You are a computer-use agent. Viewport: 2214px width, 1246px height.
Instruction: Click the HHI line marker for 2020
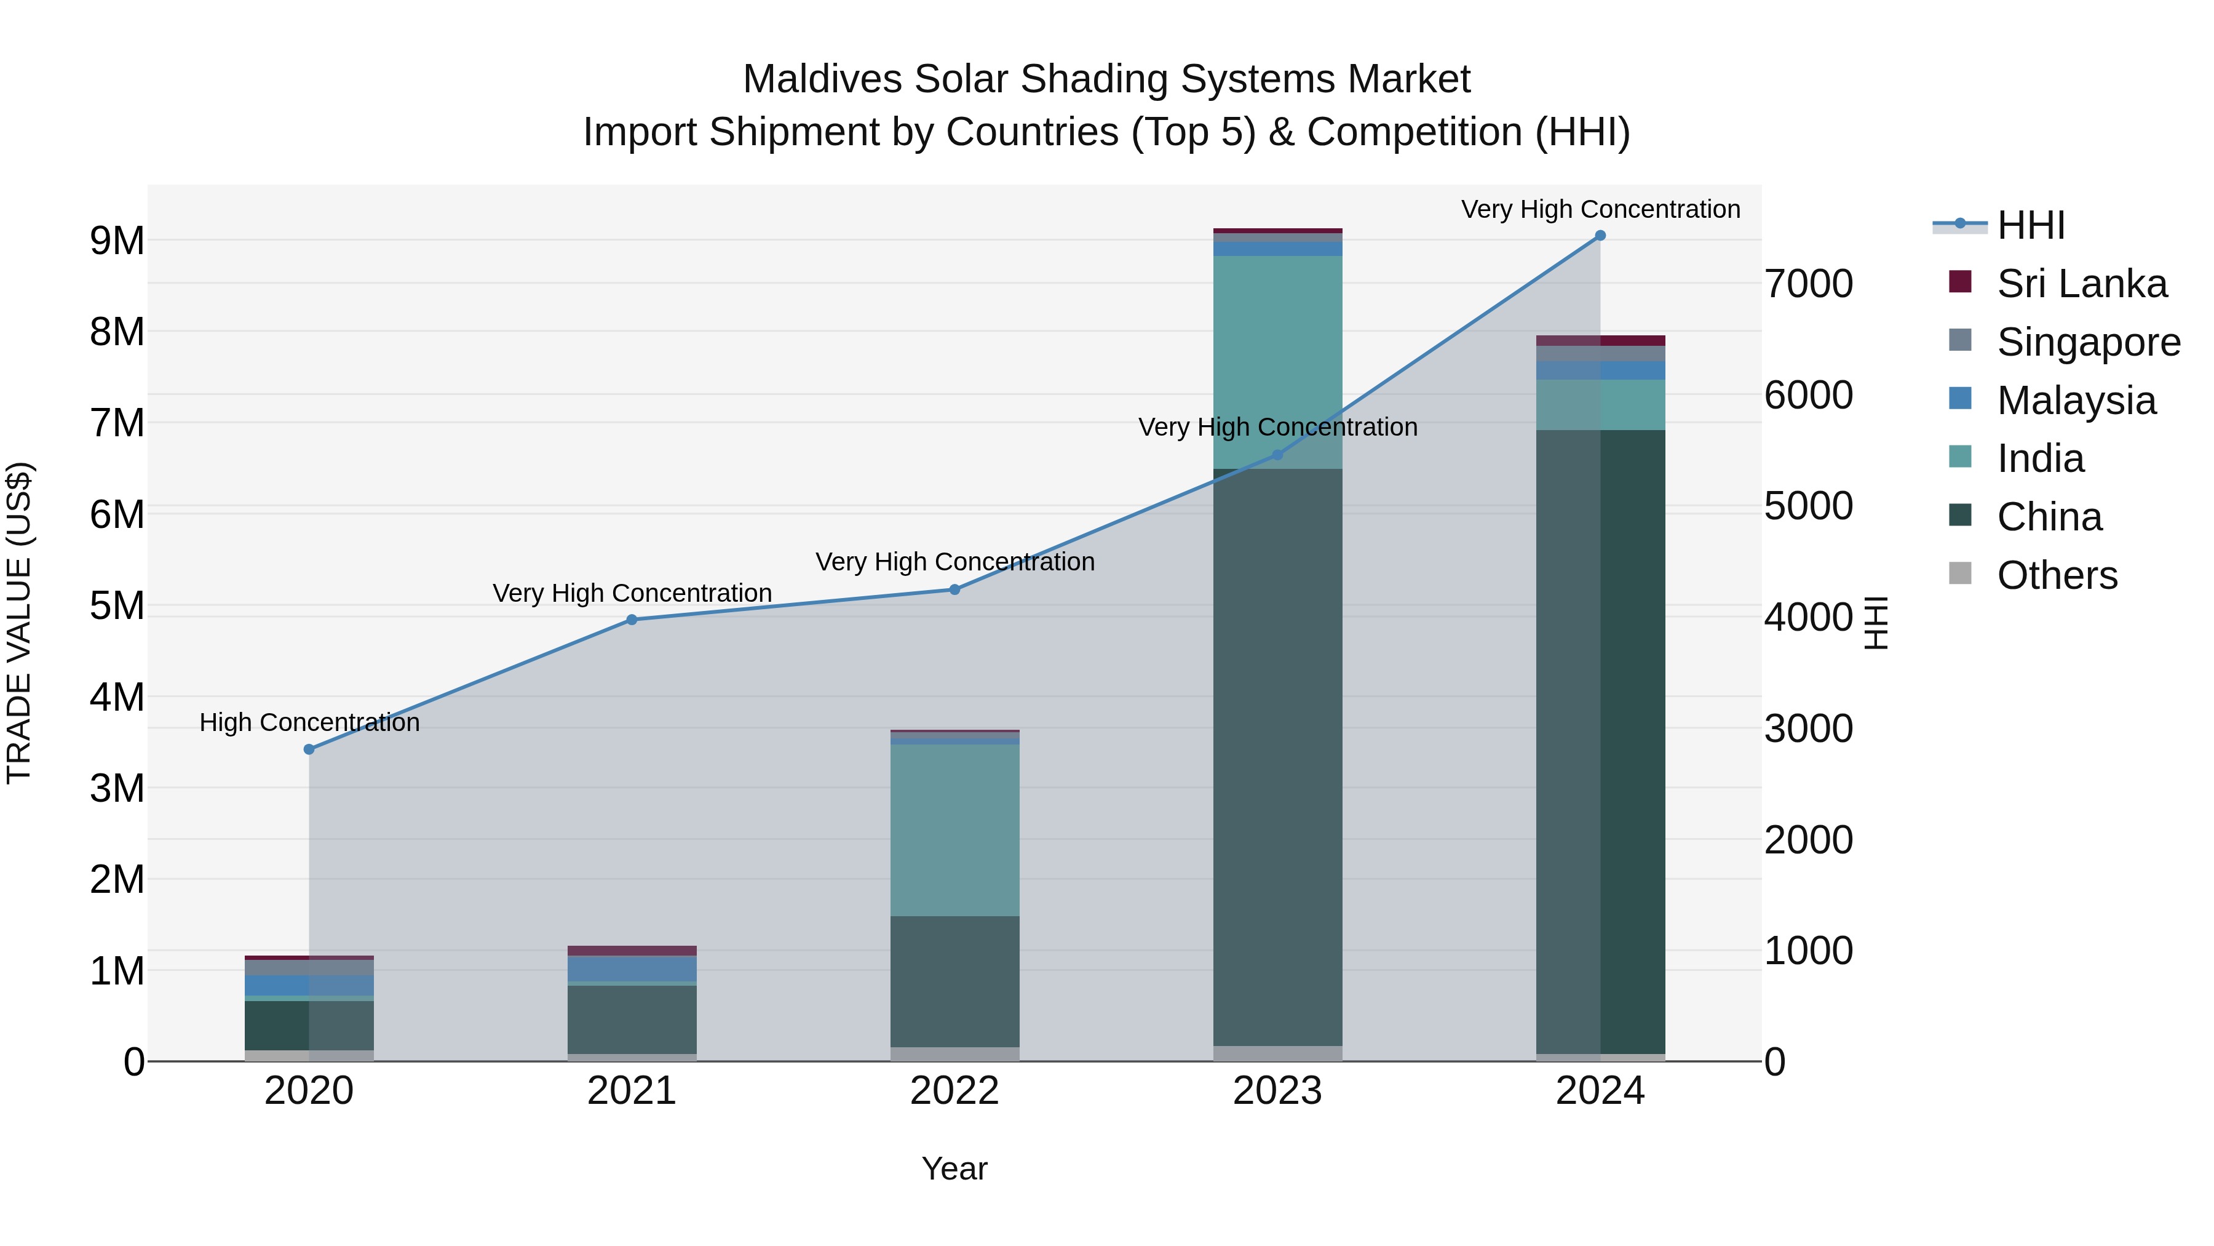pyautogui.click(x=309, y=749)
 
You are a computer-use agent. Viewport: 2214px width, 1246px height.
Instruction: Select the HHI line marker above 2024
pyautogui.click(x=1600, y=236)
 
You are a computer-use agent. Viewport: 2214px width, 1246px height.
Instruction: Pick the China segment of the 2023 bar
pyautogui.click(x=1277, y=757)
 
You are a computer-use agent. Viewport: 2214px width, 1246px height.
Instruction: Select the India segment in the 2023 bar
pyautogui.click(x=1277, y=361)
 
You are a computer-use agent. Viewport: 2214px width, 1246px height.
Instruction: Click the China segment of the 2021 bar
pyautogui.click(x=632, y=1019)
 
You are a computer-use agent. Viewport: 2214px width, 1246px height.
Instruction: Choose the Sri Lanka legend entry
pyautogui.click(x=2081, y=284)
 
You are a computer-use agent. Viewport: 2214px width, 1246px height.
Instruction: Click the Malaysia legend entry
pyautogui.click(x=2076, y=401)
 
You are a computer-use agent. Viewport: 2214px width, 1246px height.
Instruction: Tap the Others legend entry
pyautogui.click(x=2057, y=575)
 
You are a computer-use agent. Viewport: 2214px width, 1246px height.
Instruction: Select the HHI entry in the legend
pyautogui.click(x=2030, y=225)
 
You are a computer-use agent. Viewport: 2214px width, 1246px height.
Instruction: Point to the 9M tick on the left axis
pyautogui.click(x=117, y=241)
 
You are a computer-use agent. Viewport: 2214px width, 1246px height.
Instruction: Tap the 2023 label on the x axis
pyautogui.click(x=1277, y=1091)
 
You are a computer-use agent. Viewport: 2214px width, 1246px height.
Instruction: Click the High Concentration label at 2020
pyautogui.click(x=309, y=722)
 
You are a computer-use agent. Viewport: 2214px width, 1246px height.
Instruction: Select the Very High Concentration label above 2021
pyautogui.click(x=632, y=593)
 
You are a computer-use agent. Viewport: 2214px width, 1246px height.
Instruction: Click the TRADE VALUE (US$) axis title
pyautogui.click(x=19, y=623)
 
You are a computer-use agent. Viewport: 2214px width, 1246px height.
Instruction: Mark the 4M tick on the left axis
pyautogui.click(x=117, y=697)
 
